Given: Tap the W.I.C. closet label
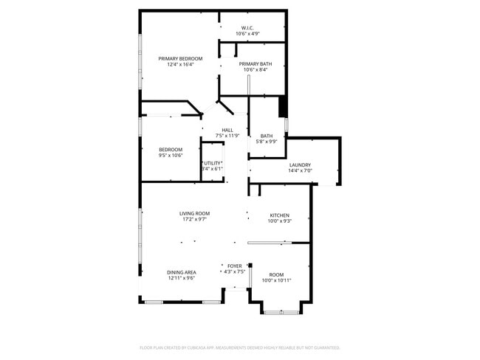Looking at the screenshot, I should coord(247,28).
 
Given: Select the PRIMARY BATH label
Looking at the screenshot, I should coord(255,64).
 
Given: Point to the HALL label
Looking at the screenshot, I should coord(227,131).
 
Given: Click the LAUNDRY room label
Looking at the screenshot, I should coord(300,165).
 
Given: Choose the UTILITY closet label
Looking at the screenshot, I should coord(213,163).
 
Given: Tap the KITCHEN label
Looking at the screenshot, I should coord(278,215).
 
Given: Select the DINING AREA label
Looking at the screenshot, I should coord(181,272).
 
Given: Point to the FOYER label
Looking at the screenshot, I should coord(234,266).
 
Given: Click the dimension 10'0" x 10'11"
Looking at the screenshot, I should coord(276,280).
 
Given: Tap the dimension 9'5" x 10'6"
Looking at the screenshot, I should coord(171,155).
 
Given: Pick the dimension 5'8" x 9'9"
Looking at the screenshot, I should coord(267,142).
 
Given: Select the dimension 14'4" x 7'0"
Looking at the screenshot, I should coord(300,171).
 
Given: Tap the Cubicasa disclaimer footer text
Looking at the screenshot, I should coord(239,347).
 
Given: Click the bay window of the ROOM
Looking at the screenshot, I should coord(281,312).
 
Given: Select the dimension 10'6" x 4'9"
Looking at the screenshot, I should coord(247,34).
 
